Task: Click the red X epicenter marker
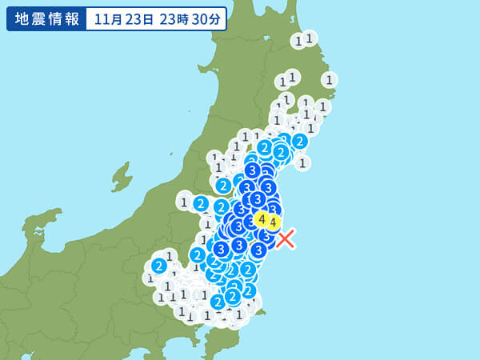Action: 286,238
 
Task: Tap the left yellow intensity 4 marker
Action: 261,218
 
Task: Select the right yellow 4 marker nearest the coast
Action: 273,222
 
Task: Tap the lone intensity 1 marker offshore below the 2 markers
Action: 302,163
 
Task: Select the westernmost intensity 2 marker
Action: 159,266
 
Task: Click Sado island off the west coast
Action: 122,174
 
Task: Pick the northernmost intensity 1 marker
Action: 309,38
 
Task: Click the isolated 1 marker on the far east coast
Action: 329,79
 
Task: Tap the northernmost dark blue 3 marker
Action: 252,170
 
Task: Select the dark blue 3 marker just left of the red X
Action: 258,250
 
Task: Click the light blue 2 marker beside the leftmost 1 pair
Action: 201,204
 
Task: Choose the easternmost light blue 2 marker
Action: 299,142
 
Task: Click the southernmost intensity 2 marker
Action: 218,302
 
